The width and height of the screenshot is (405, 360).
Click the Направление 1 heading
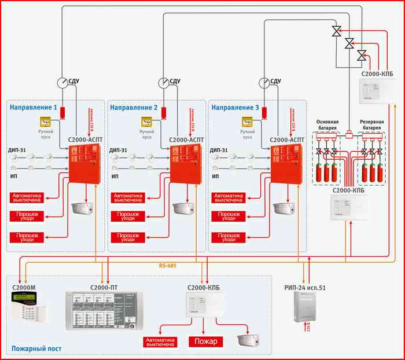pyautogui.click(x=33, y=108)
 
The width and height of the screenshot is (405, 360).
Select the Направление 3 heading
pyautogui.click(x=234, y=108)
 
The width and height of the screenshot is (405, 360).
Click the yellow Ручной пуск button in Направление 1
pyautogui.click(x=46, y=122)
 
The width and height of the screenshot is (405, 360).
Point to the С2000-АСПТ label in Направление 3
pyautogui.click(x=287, y=139)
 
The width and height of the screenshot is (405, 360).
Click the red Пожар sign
pyautogui.click(x=206, y=341)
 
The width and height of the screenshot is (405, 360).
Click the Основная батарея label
pyautogui.click(x=331, y=125)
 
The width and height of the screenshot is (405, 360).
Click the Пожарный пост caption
pyautogui.click(x=36, y=349)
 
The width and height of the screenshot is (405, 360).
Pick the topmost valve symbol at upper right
pyautogui.click(x=336, y=31)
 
